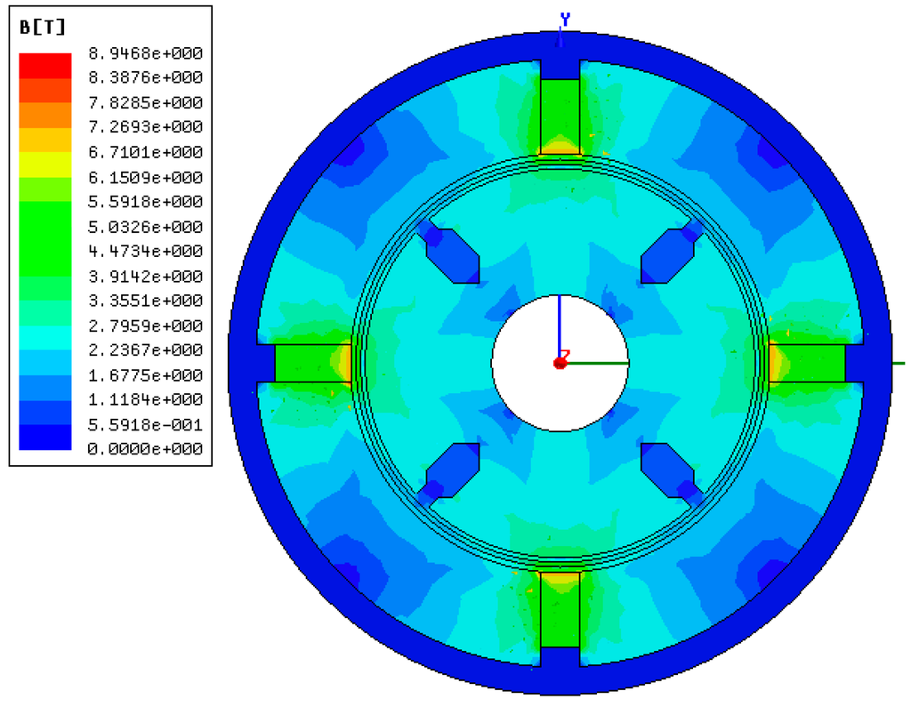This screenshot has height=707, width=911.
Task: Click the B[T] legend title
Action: pyautogui.click(x=43, y=28)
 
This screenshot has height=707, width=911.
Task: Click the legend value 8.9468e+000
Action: pyautogui.click(x=145, y=53)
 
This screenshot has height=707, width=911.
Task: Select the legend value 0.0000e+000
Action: pyautogui.click(x=145, y=448)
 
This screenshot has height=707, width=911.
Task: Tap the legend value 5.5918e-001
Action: pyautogui.click(x=145, y=425)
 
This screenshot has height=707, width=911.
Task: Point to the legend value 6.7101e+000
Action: pyautogui.click(x=145, y=152)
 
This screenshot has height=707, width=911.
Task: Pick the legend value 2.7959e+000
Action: pyautogui.click(x=145, y=325)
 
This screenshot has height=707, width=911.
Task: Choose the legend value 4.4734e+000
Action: pyautogui.click(x=145, y=251)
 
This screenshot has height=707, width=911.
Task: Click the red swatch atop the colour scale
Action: pyautogui.click(x=45, y=66)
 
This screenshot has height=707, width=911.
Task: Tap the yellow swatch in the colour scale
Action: pyautogui.click(x=45, y=165)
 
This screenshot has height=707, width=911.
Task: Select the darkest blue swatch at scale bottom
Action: pyautogui.click(x=45, y=437)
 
